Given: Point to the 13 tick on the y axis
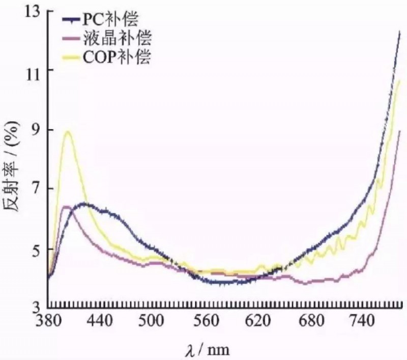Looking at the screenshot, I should click(32, 11).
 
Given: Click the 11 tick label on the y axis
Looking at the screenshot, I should click(32, 70).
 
